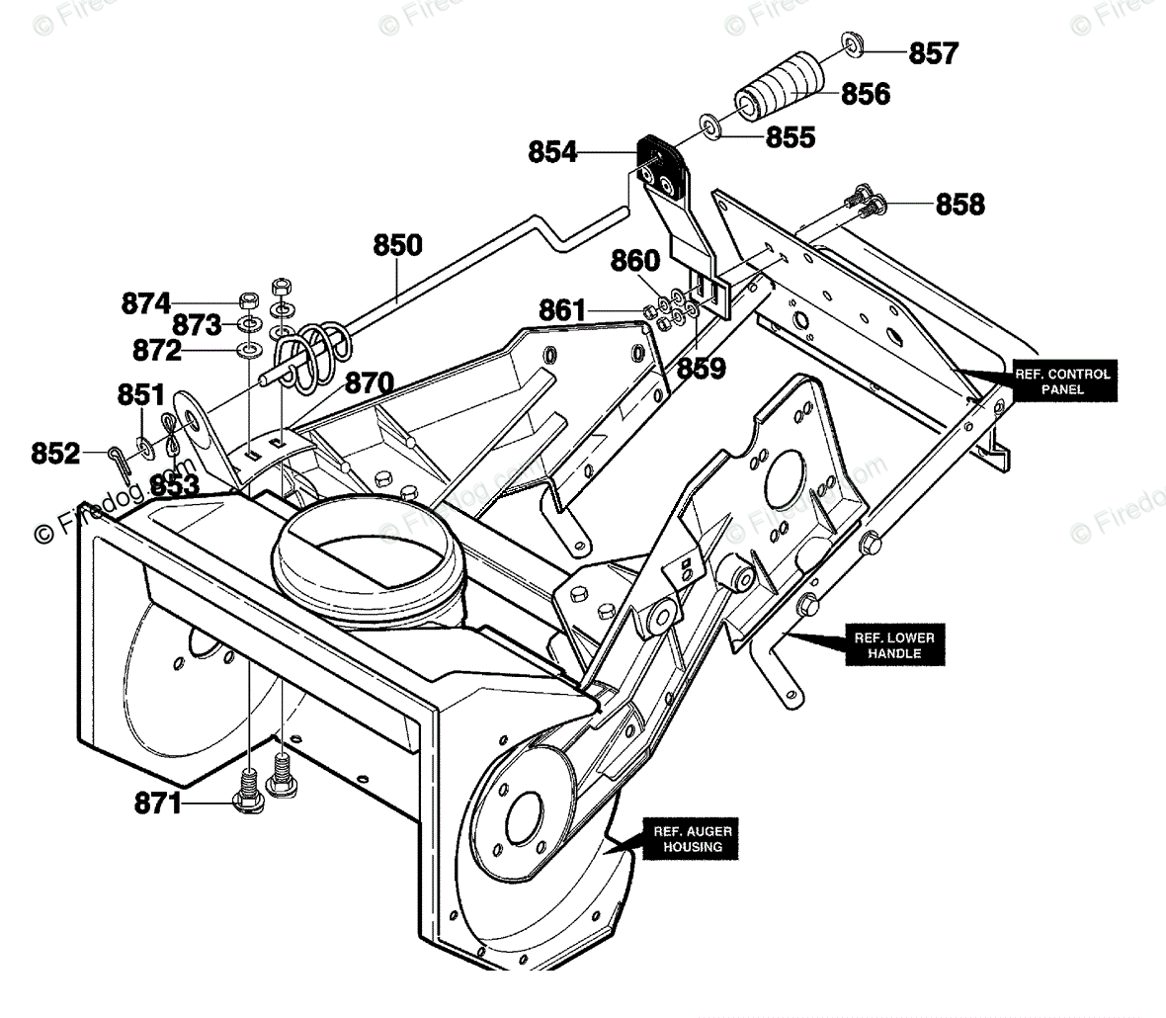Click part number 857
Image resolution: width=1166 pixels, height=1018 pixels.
(x=933, y=53)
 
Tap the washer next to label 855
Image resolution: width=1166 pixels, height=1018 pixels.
(x=710, y=126)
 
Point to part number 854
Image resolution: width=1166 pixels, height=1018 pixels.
(x=552, y=152)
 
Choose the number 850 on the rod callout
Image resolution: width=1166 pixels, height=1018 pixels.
(x=398, y=245)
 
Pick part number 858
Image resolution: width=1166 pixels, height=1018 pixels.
(x=960, y=205)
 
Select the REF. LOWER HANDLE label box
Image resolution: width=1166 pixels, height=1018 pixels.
(x=894, y=644)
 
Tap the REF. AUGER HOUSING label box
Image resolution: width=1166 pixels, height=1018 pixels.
(x=692, y=839)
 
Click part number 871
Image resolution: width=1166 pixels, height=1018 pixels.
(x=158, y=804)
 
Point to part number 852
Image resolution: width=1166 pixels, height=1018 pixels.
(x=55, y=454)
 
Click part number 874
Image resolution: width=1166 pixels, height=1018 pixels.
(x=146, y=304)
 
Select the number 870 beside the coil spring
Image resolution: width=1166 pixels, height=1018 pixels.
(x=370, y=383)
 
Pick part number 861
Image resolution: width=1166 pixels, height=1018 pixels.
(x=562, y=310)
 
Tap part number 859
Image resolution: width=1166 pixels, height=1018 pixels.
(x=702, y=368)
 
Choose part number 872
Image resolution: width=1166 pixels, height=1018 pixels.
(x=157, y=350)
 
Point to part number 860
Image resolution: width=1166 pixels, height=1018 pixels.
(x=635, y=261)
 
